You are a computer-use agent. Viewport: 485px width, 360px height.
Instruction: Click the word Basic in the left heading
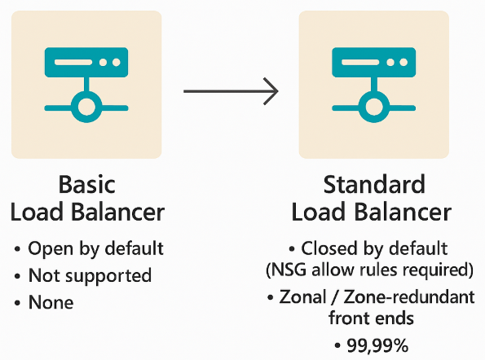[x=87, y=185]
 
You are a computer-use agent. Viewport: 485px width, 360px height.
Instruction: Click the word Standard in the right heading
[x=374, y=185]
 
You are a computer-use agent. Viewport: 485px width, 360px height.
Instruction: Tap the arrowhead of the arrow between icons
[x=271, y=91]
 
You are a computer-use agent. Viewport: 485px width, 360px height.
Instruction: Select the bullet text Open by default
[x=95, y=248]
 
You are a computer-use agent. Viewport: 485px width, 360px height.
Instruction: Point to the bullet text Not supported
[x=90, y=275]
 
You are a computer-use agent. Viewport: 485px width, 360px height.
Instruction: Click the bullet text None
[x=51, y=302]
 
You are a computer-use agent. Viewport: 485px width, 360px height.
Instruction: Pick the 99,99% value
[x=377, y=345]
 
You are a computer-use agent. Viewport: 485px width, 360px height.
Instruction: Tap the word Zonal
[x=302, y=297]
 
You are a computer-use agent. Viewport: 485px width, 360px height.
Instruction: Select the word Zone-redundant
[x=409, y=297]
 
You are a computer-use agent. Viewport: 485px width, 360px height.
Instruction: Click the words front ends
[x=371, y=318]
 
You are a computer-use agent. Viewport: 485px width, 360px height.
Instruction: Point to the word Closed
[x=329, y=248]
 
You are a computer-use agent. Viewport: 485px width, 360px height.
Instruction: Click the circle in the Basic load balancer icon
[x=86, y=107]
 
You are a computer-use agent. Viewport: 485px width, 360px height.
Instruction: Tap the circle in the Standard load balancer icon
[x=373, y=107]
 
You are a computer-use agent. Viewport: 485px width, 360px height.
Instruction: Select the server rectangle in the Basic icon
[x=86, y=62]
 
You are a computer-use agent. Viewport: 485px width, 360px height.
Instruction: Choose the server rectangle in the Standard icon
[x=373, y=62]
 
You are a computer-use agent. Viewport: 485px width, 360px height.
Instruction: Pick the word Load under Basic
[x=37, y=212]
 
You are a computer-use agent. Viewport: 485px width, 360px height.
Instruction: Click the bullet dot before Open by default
[x=17, y=248]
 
